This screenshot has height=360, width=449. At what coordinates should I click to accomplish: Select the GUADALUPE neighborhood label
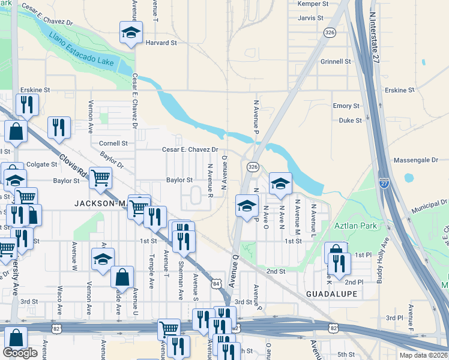coord(331,294)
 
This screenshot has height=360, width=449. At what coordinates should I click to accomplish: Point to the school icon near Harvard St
coord(130,33)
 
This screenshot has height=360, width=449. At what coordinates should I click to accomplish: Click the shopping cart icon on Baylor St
coord(100,177)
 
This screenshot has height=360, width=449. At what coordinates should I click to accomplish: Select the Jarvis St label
coord(310,19)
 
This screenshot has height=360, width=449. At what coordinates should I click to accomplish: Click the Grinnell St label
coord(335,61)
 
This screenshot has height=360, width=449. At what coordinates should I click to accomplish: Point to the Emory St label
coord(346,106)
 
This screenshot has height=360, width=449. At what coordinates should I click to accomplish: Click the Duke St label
coord(350,120)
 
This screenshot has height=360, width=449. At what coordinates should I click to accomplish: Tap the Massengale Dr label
coord(416,161)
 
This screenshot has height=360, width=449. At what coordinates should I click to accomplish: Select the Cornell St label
coord(113,143)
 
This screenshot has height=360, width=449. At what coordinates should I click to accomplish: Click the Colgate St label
coord(41,164)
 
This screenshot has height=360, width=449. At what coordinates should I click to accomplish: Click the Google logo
coord(20,353)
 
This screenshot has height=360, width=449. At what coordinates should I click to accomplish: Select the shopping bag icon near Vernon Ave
coord(122,277)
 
